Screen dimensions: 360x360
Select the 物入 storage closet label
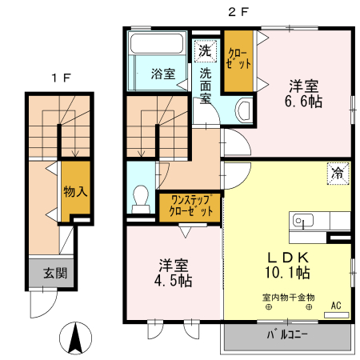(75, 191)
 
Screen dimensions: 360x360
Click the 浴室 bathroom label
(162, 74)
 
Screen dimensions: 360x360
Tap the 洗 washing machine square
(206, 50)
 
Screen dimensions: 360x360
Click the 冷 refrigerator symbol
(337, 171)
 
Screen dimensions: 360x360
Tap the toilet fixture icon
(142, 198)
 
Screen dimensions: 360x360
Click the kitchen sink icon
(303, 218)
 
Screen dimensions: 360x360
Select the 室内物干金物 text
(288, 297)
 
